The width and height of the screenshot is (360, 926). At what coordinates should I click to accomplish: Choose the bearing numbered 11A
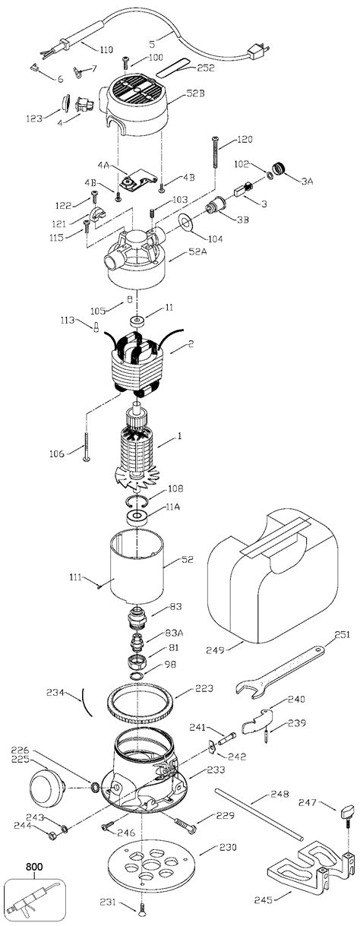coord(137,518)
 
